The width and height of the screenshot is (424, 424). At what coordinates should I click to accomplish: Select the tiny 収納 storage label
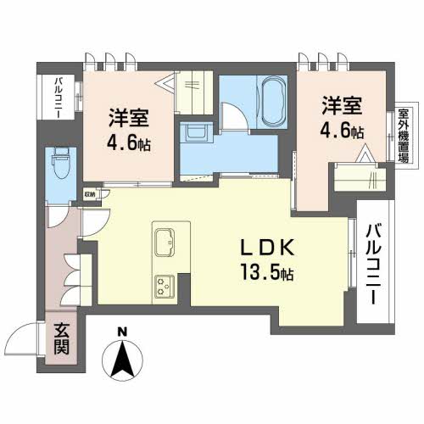coord(90,192)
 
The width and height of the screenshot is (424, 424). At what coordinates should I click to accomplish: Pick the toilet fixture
coord(61,162)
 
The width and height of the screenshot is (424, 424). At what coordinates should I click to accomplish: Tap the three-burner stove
coord(164,287)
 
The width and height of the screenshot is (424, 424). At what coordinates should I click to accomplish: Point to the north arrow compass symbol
coord(124,360)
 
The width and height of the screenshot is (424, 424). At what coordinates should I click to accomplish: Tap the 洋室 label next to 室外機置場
coord(342,108)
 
